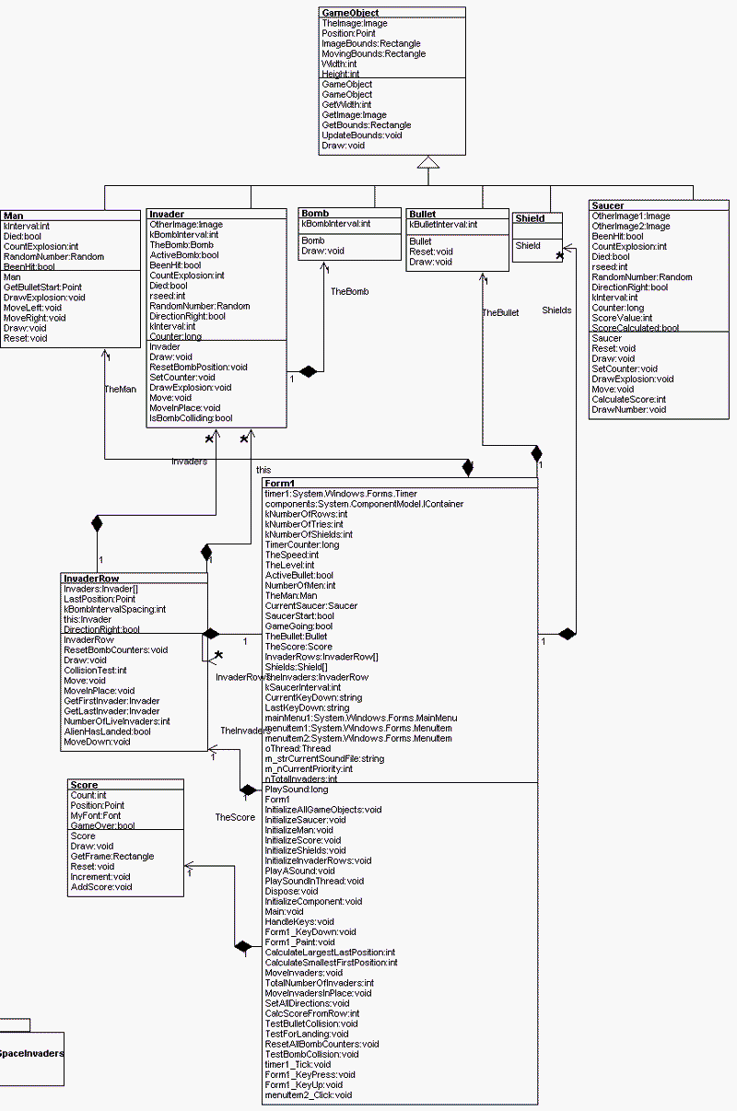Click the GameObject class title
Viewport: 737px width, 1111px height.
(x=350, y=13)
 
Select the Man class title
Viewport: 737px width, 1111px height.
(x=13, y=216)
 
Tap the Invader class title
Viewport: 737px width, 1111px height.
(x=167, y=215)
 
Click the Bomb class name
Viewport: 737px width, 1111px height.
(x=315, y=213)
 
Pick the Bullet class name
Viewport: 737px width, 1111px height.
(x=423, y=215)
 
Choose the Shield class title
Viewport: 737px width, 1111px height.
(x=530, y=218)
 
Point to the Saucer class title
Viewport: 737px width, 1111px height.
(x=608, y=205)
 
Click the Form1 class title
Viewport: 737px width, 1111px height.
(x=280, y=484)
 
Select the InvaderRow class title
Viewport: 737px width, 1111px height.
(x=89, y=579)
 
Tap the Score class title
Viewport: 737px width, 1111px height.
(x=84, y=785)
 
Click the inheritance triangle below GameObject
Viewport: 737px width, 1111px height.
(x=425, y=163)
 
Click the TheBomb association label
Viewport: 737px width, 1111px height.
(x=350, y=291)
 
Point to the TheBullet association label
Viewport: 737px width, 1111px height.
(x=500, y=312)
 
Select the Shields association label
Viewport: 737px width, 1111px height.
(x=556, y=310)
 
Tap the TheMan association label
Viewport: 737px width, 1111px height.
(x=120, y=389)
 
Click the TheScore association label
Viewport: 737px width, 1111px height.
(x=235, y=817)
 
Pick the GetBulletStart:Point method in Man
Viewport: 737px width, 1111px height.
(x=42, y=287)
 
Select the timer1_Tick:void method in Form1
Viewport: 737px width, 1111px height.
(x=298, y=1064)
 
